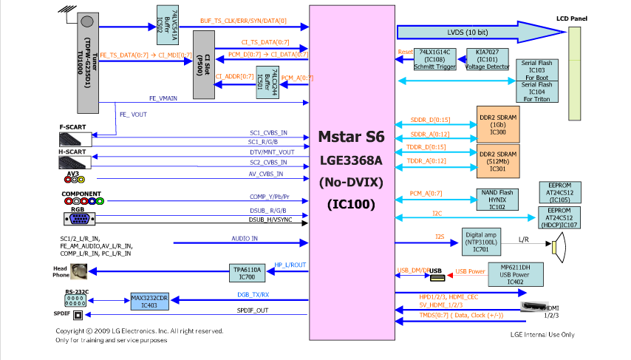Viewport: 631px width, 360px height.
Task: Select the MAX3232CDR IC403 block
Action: [x=151, y=301]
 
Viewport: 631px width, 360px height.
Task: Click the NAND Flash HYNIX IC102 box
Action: [x=502, y=199]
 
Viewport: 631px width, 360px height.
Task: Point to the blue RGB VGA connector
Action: [x=83, y=218]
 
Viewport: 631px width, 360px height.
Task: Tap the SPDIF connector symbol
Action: [x=77, y=314]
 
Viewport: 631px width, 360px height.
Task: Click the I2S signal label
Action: [x=440, y=237]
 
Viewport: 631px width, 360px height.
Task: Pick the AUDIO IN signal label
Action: [x=245, y=238]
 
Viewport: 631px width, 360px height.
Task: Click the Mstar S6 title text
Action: [x=350, y=137]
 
